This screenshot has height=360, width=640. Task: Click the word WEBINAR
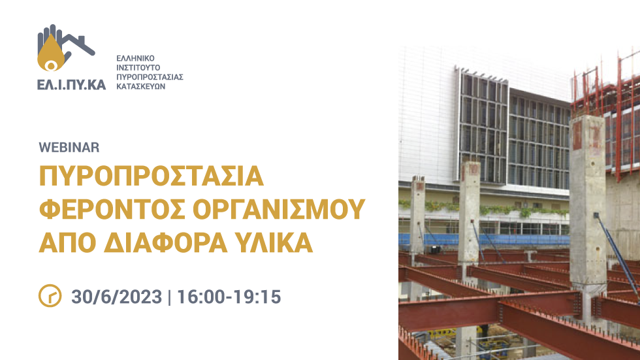(69, 148)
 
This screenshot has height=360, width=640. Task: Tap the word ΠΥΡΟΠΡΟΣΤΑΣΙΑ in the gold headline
(152, 176)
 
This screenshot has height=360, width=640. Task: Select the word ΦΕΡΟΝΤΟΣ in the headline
(112, 209)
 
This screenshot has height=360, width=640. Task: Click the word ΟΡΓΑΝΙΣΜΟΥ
(279, 209)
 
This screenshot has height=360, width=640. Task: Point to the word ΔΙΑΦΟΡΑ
(165, 243)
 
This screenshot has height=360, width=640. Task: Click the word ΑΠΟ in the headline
(67, 243)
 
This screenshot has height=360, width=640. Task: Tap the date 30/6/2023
(117, 297)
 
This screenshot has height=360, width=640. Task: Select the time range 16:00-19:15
(229, 297)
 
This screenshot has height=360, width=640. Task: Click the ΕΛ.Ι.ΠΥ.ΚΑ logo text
(71, 84)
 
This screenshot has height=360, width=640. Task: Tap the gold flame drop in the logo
(51, 54)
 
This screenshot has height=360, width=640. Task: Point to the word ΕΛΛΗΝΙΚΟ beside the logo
(136, 58)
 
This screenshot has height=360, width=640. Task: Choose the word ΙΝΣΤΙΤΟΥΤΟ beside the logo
(138, 68)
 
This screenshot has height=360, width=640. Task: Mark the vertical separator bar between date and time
(170, 297)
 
